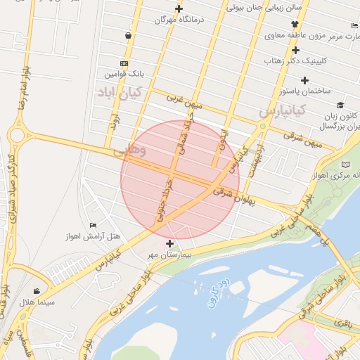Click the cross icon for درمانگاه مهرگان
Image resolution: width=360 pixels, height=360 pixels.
179,9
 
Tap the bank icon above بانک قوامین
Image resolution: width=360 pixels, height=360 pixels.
124,63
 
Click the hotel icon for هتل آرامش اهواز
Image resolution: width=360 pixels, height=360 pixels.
94,225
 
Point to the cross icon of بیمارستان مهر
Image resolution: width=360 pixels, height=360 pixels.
169,243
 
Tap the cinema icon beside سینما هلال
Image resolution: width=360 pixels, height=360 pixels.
36,291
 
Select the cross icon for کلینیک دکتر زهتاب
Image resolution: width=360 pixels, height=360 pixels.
295,50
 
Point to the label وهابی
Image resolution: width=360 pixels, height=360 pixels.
129,150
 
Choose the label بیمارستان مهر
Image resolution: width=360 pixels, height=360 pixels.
169,255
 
